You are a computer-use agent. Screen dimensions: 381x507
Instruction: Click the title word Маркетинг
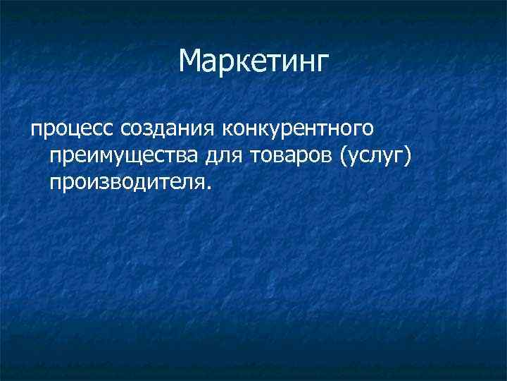point(254,61)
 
